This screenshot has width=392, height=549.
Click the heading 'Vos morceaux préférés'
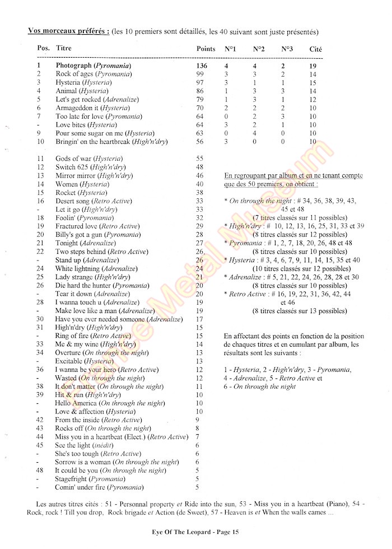[x=68, y=31]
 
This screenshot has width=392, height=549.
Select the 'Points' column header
[x=206, y=49]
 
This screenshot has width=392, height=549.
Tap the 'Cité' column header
[x=316, y=49]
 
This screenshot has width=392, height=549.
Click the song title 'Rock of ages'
[x=75, y=74]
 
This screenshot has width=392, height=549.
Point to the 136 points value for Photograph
[x=202, y=66]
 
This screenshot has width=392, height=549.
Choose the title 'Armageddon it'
[x=78, y=108]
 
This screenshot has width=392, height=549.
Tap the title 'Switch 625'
[x=73, y=167]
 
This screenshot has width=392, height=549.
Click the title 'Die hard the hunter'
[x=82, y=285]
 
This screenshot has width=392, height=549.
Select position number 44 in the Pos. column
[x=40, y=436]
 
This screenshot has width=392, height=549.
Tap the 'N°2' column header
[x=259, y=49]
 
